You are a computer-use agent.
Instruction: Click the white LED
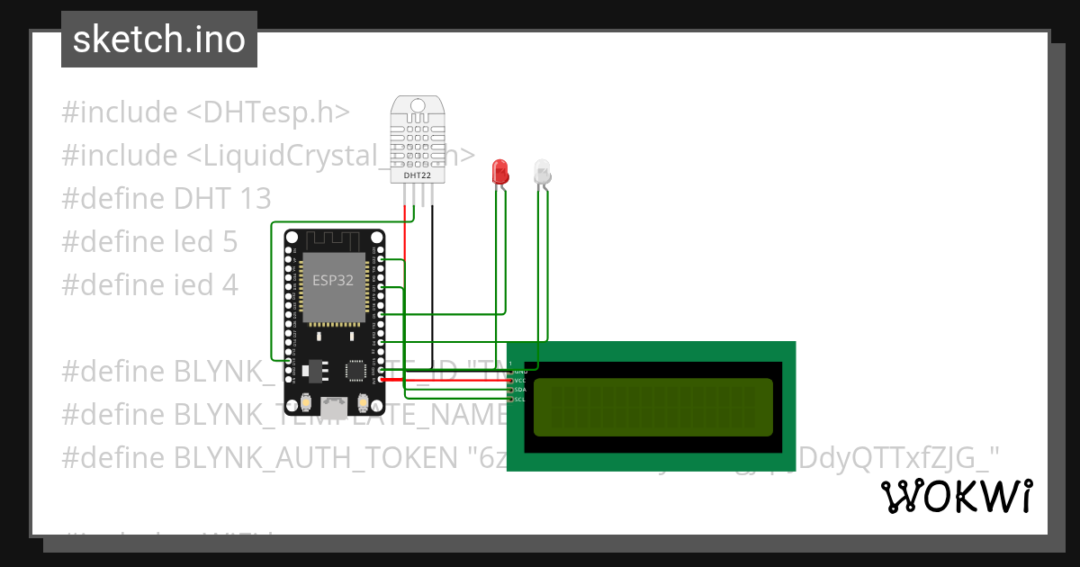(x=542, y=172)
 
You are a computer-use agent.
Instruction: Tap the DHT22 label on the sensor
(x=417, y=175)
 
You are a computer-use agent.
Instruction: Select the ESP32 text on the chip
(x=333, y=280)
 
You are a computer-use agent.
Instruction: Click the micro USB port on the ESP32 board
(x=334, y=406)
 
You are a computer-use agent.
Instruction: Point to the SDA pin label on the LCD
(x=518, y=390)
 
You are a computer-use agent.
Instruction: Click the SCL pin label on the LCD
(x=518, y=399)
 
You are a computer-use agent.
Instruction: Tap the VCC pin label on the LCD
(x=518, y=381)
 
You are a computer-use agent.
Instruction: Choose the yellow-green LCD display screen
(x=652, y=407)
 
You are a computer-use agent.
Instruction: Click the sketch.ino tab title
(x=159, y=40)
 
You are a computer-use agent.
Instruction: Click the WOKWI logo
(x=957, y=497)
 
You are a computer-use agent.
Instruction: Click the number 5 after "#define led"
(x=229, y=241)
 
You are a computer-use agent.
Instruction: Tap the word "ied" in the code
(x=191, y=284)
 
